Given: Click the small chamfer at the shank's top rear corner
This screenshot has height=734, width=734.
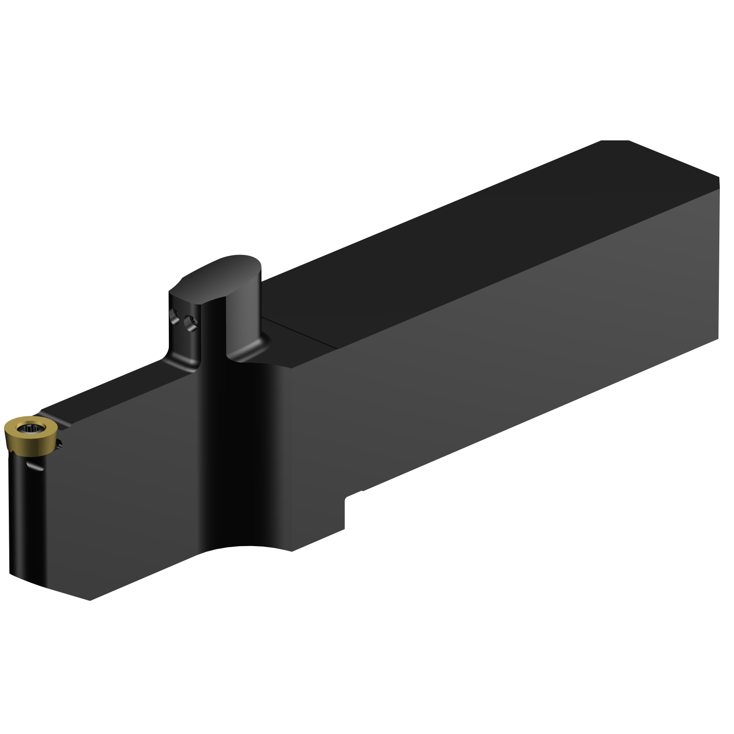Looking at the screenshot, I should point(615,142).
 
